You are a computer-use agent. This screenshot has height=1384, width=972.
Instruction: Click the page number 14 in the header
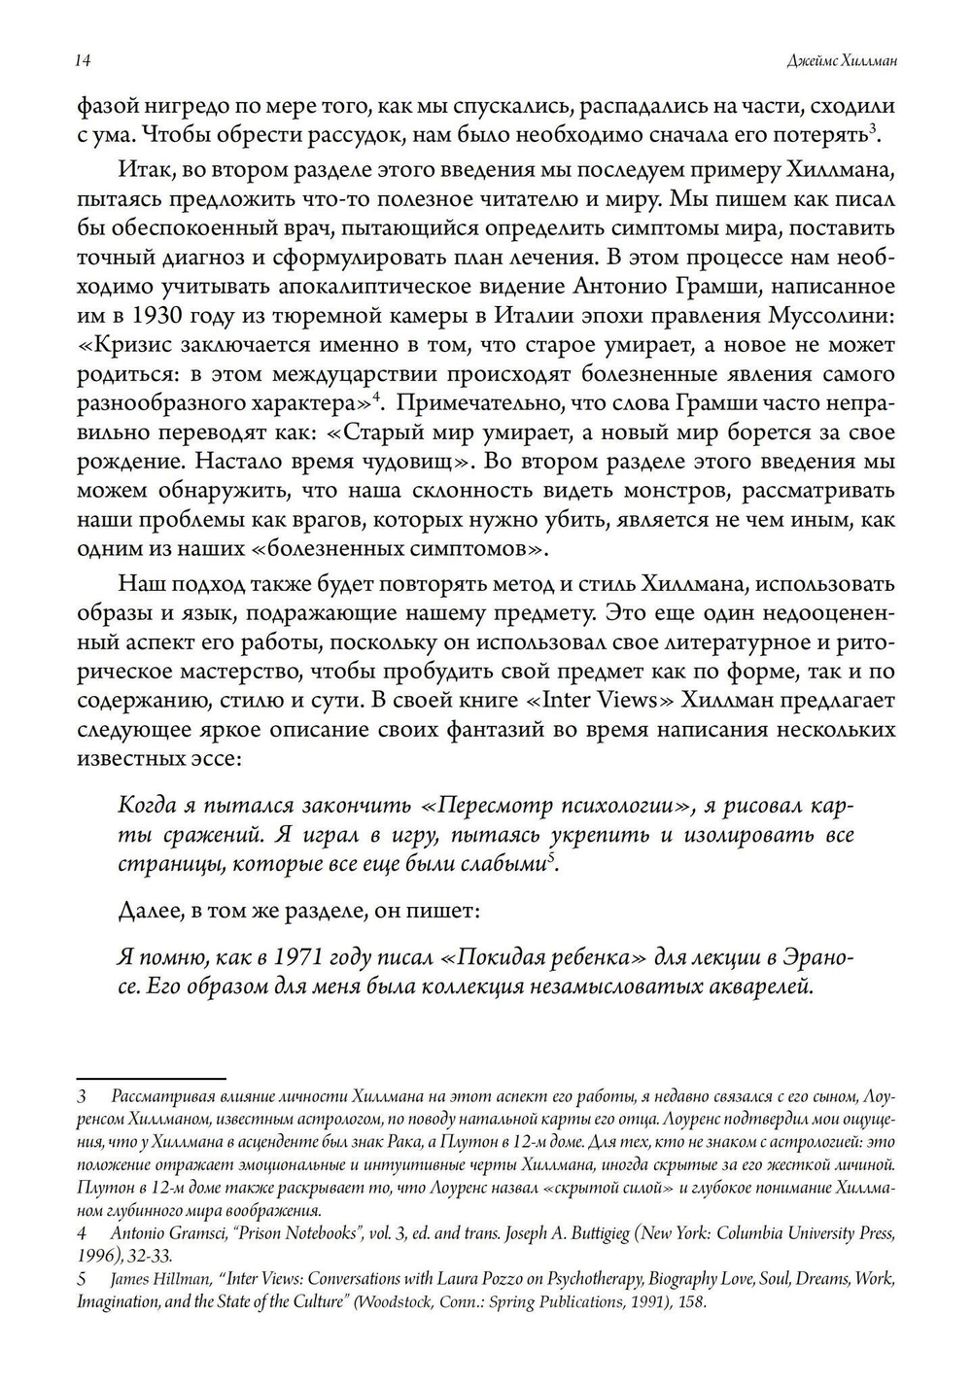[83, 61]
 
